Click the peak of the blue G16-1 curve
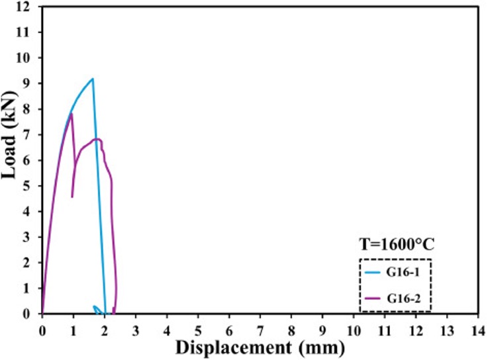pyautogui.click(x=93, y=79)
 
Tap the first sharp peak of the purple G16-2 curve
pyautogui.click(x=71, y=113)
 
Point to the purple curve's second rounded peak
pyautogui.click(x=97, y=139)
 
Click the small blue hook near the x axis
pyautogui.click(x=96, y=307)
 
